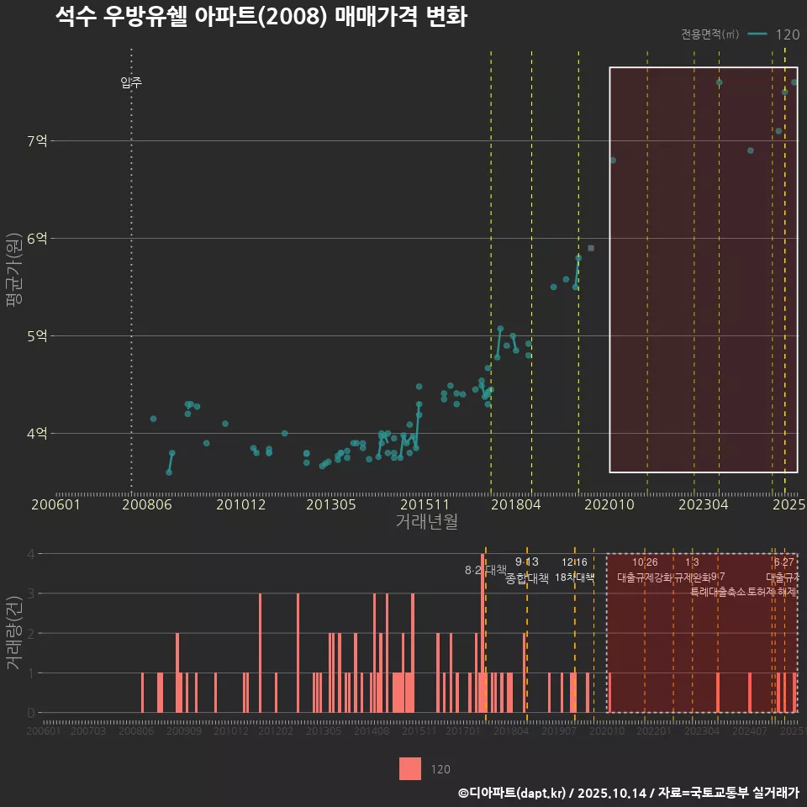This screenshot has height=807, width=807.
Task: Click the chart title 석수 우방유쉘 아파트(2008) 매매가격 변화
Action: pos(261,17)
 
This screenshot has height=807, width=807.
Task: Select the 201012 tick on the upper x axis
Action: pos(240,505)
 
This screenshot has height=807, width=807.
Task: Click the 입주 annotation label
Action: pos(131,82)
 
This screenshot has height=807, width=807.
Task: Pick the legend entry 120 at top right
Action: pos(787,34)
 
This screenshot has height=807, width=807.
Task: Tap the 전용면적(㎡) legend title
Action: pos(710,34)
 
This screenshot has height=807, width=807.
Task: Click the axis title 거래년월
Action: pos(426,522)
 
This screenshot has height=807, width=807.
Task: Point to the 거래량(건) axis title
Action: pos(13,633)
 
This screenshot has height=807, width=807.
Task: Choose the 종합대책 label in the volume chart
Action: pos(527,578)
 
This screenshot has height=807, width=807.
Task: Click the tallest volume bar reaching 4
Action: pos(483,633)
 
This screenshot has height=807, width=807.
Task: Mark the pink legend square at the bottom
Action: pos(410,768)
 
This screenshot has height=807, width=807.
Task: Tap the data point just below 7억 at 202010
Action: pos(613,160)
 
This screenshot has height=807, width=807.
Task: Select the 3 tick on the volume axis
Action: pos(31,593)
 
